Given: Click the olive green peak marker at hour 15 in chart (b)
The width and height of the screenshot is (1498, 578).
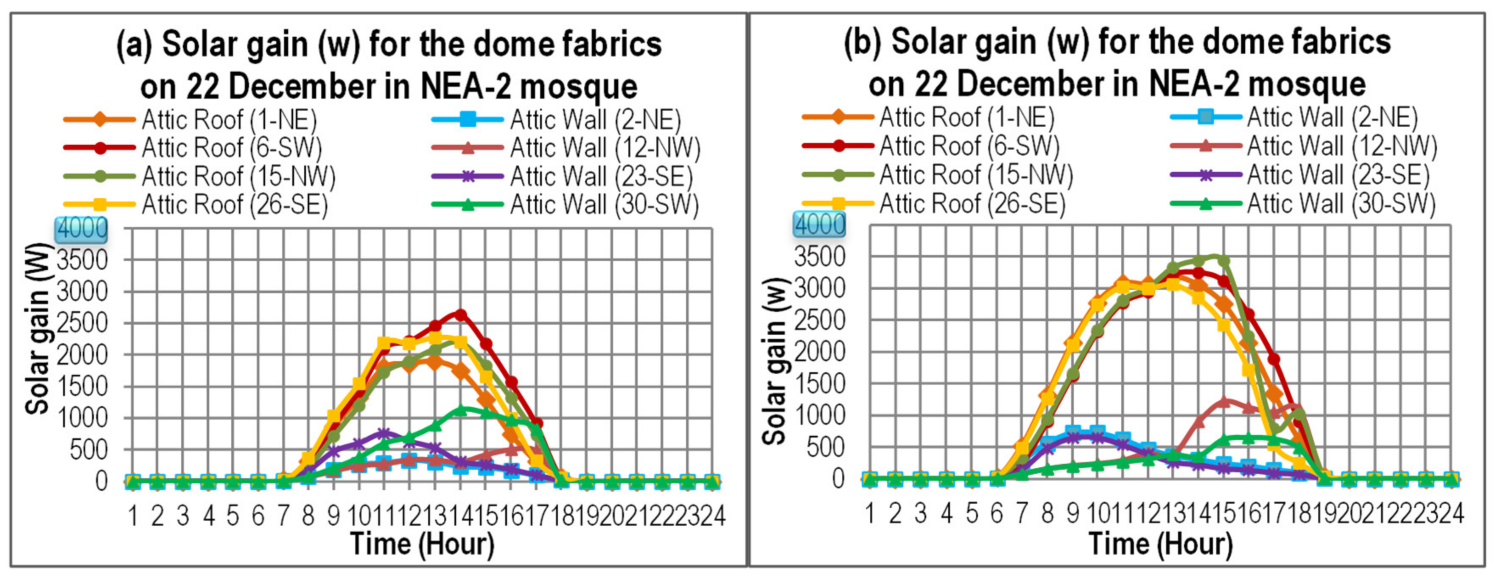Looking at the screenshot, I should (1224, 261).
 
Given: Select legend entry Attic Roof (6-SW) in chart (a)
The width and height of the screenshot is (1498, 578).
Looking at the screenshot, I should (232, 148).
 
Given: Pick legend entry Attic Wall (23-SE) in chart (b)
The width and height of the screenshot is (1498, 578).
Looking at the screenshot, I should (1338, 174).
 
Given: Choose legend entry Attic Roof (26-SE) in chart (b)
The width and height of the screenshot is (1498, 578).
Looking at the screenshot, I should (972, 204).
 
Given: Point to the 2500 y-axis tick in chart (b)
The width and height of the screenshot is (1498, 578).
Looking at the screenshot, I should (819, 320).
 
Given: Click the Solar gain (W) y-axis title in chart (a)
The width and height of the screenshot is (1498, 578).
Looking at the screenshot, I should (38, 328).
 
